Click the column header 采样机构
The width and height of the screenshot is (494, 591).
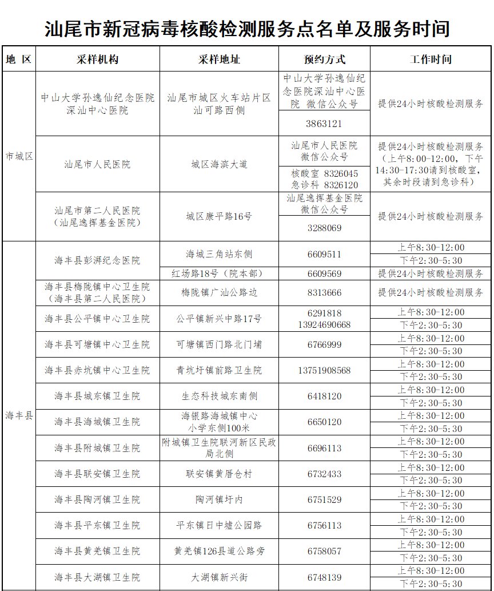coord(97,60)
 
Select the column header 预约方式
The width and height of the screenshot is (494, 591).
coord(324,60)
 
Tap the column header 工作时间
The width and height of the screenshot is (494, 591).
coord(431,60)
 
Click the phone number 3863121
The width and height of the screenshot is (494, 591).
coord(324,124)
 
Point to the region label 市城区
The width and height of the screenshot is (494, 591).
coord(19,156)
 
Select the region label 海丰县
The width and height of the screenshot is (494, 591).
coord(19,415)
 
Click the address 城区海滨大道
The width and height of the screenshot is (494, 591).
coord(219,165)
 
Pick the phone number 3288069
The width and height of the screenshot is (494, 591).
coord(324,228)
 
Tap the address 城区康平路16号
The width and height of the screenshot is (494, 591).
coord(219,216)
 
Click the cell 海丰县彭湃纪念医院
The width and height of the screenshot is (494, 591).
coord(97,260)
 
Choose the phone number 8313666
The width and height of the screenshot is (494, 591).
coord(324,293)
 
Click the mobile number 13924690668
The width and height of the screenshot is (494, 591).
coord(324,324)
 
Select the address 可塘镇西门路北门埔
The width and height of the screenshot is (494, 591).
coord(219,344)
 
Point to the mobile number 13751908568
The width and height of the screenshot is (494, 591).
coord(324,370)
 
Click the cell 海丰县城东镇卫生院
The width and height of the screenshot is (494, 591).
coord(97,396)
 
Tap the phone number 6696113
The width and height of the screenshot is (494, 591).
coord(324,448)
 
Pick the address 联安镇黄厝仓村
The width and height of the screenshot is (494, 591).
coord(219,474)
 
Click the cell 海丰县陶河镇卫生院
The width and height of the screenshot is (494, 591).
coord(97,499)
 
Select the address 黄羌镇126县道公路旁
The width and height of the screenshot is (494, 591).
coord(219,551)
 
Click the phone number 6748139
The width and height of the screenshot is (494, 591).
coord(324,577)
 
